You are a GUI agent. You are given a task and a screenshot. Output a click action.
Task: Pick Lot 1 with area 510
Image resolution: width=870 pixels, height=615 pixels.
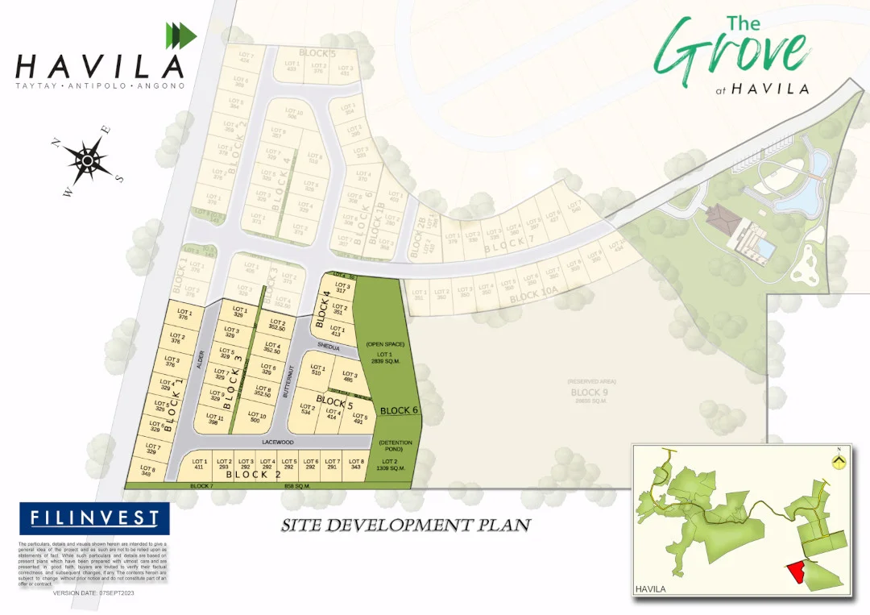click(317, 371)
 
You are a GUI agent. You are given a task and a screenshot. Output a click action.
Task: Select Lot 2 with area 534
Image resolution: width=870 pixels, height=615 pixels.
click(307, 409)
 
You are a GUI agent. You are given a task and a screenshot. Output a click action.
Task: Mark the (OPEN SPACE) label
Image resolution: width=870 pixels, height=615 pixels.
click(379, 344)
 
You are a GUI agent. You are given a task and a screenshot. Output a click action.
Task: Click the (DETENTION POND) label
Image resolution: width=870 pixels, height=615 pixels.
click(396, 445)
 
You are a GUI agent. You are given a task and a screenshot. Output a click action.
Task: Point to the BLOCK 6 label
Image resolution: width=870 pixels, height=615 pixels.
click(400, 410)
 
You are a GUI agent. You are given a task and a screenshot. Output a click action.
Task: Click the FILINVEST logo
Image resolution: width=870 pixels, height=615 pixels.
click(94, 518)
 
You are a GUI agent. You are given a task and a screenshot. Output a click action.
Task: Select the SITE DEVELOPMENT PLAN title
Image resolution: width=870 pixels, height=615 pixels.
click(405, 526)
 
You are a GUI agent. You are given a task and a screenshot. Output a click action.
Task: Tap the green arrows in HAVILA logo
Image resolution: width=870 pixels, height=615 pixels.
click(180, 35)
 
